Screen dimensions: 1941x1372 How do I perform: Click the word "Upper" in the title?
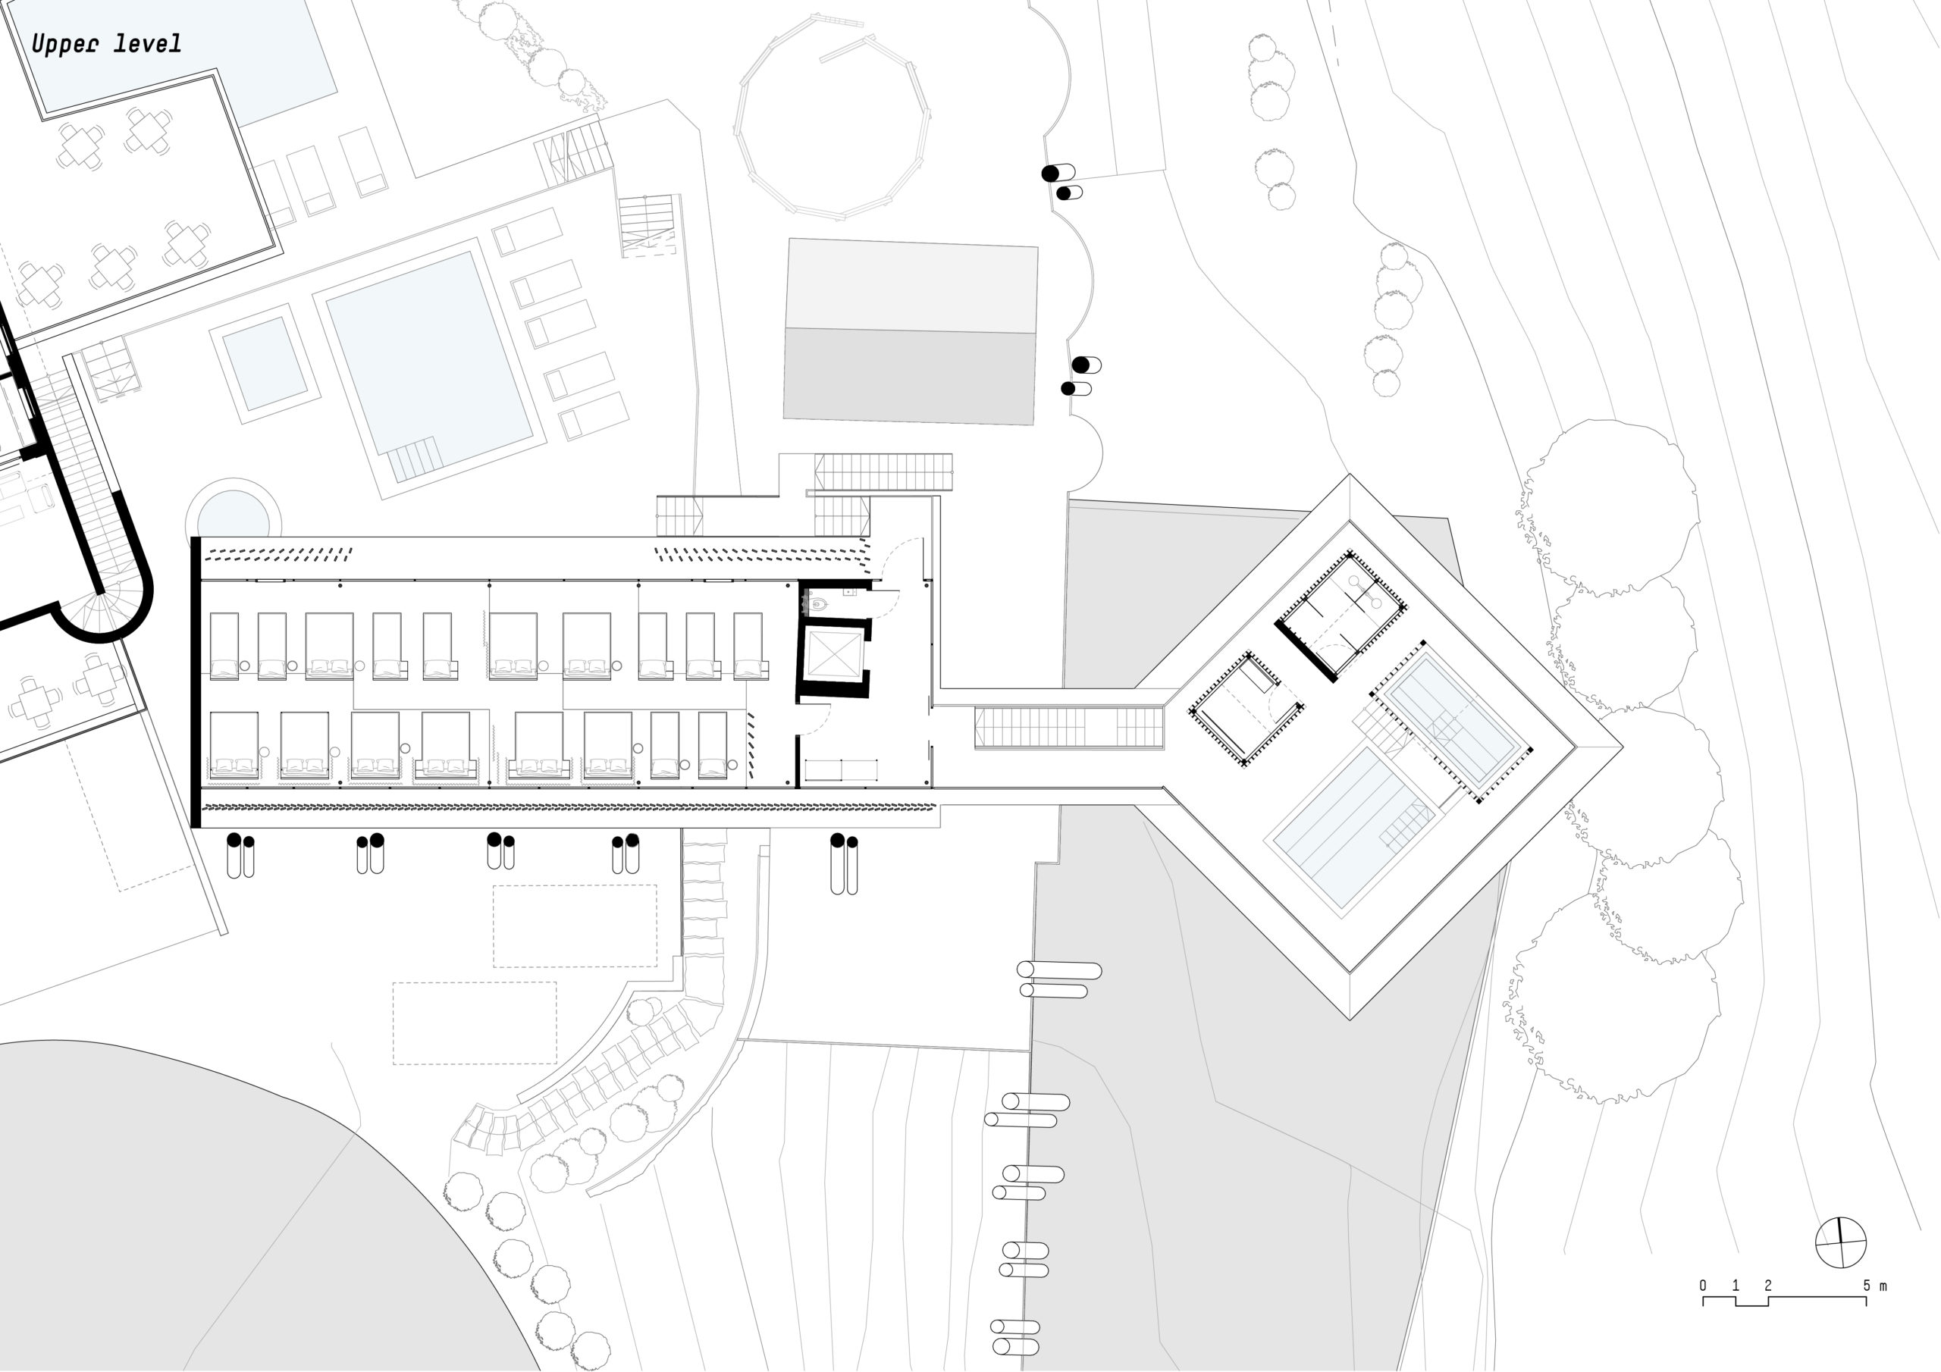click(x=64, y=44)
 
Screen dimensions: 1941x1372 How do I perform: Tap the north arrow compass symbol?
click(x=1840, y=1242)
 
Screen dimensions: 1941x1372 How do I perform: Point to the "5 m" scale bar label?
click(x=1875, y=1286)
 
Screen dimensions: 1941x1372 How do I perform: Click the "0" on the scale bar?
click(x=1703, y=1286)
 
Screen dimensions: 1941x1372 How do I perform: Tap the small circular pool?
click(x=233, y=515)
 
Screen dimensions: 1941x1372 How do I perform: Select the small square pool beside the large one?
click(x=265, y=365)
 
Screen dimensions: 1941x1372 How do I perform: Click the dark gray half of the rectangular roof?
click(x=910, y=376)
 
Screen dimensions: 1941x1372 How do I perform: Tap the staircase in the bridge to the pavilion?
click(x=1069, y=728)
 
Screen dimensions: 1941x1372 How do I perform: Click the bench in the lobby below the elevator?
click(x=841, y=770)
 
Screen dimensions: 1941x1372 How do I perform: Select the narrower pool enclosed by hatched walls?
click(x=1451, y=719)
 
